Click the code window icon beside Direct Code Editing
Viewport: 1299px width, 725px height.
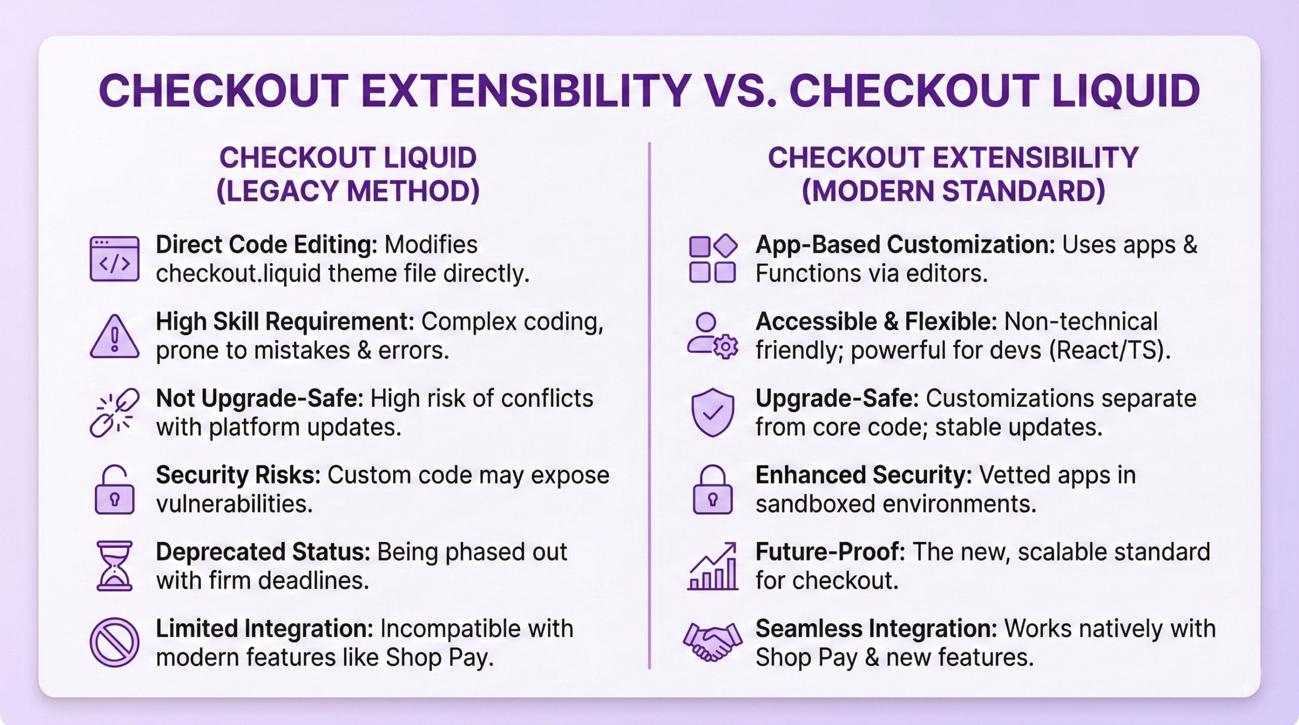pos(115,259)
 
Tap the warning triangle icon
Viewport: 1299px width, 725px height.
pos(115,337)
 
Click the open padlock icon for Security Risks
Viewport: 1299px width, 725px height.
pos(115,489)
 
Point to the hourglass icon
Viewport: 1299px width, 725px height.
pos(115,566)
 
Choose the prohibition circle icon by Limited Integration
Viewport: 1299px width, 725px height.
pos(115,642)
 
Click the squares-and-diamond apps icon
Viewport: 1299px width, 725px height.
pos(713,258)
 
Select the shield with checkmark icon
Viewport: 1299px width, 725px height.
pos(713,412)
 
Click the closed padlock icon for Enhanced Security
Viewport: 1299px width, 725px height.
pos(713,489)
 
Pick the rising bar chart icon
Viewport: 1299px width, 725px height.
pos(713,566)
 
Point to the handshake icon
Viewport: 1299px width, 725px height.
pos(713,642)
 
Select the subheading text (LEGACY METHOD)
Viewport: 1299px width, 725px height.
pos(348,191)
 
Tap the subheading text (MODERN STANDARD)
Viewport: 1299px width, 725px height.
pos(953,191)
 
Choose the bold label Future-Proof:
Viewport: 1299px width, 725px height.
pos(831,552)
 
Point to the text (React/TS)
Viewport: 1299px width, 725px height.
pos(1110,351)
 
